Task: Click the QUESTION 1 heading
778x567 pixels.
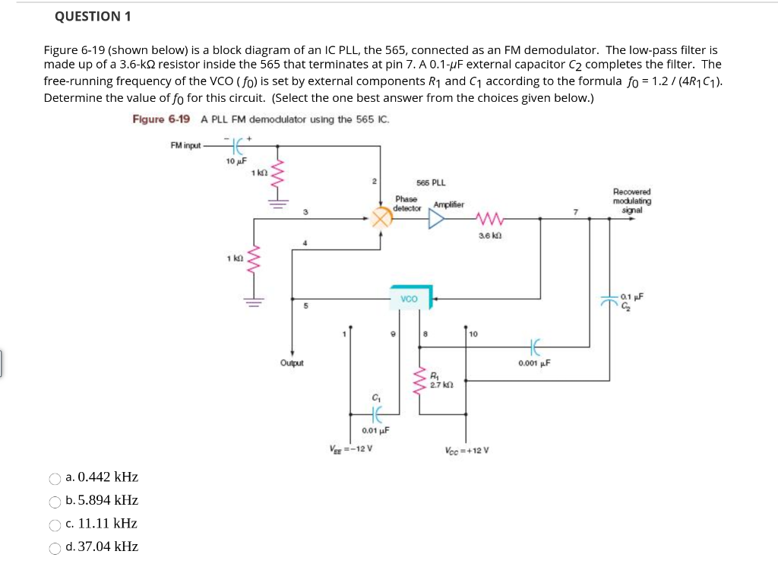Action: tap(88, 17)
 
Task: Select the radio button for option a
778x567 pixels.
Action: tap(55, 479)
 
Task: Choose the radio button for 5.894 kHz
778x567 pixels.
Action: tap(55, 502)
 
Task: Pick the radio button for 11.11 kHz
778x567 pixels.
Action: tap(55, 524)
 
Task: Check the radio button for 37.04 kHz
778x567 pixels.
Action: tap(55, 548)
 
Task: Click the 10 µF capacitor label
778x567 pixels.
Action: tap(235, 161)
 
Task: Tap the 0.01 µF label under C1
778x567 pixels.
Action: tap(375, 429)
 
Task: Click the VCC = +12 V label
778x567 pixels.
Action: tap(466, 448)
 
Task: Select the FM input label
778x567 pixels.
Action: tap(185, 144)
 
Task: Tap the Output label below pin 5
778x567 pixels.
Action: tap(292, 363)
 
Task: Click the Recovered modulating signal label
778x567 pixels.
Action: tap(630, 202)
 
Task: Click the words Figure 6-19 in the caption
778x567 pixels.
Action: tap(161, 120)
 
